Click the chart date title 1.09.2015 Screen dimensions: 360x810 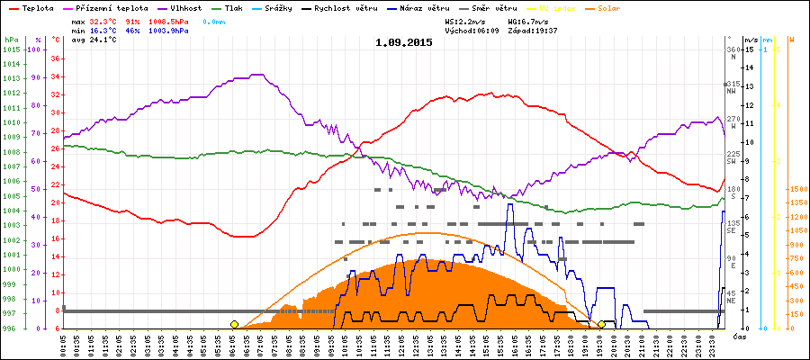(x=404, y=42)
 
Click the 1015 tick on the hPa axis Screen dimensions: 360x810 (x=11, y=49)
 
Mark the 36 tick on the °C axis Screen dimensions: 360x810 (x=55, y=58)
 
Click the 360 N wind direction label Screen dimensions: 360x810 (x=732, y=53)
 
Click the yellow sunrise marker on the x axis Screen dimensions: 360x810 (x=234, y=324)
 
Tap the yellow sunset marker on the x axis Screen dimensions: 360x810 (x=601, y=324)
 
